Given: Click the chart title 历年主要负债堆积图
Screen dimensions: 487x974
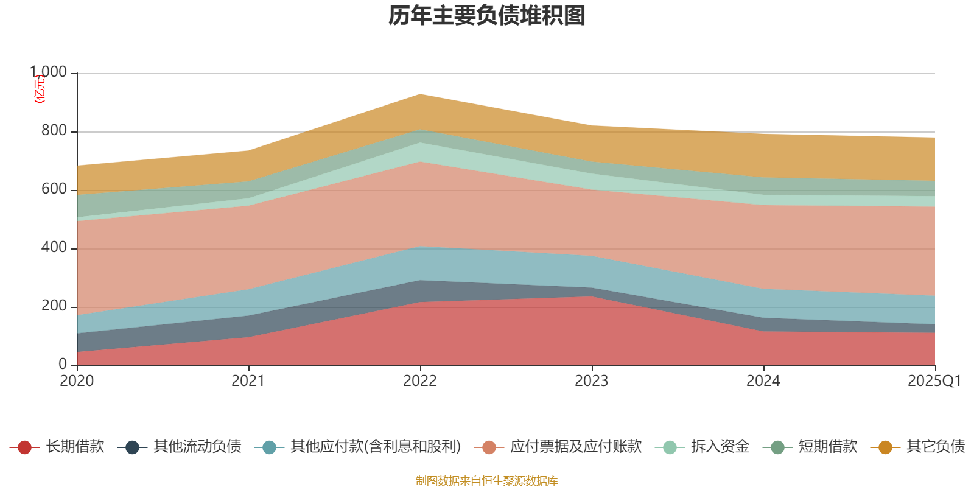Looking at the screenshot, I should [x=487, y=16].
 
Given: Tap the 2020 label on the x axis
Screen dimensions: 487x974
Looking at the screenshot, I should [x=77, y=381].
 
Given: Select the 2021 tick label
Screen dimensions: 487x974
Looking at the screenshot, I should [x=248, y=381].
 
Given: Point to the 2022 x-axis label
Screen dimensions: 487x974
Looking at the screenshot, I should [x=420, y=381].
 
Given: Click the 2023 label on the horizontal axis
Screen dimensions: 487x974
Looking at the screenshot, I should [x=592, y=381].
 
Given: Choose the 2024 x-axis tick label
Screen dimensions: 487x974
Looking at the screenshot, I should [x=763, y=381].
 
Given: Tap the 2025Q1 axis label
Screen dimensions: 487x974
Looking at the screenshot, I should [x=934, y=381].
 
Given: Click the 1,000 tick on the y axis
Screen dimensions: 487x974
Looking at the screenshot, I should [x=49, y=72].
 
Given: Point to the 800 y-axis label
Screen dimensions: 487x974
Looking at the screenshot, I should [x=54, y=131].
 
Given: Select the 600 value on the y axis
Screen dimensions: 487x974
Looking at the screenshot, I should [x=54, y=189].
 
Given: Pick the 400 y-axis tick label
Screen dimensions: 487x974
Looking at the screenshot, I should [x=54, y=248].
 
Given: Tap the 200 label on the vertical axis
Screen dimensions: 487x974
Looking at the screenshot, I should [x=54, y=306].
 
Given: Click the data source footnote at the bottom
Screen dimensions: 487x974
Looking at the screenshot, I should [x=487, y=481].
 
